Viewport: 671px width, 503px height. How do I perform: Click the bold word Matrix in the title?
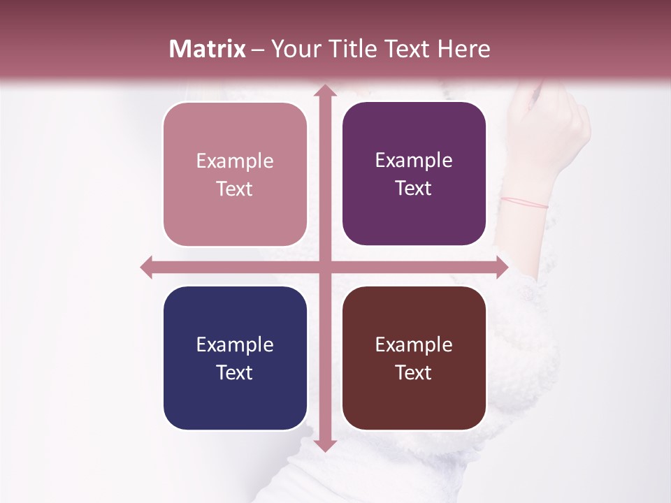(208, 49)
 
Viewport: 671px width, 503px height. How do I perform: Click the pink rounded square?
(235, 175)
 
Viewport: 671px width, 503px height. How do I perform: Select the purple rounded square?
(414, 174)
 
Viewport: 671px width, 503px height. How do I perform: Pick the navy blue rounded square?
(235, 358)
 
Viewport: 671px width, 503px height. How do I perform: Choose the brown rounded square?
(414, 358)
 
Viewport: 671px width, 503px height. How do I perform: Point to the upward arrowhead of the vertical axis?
(324, 91)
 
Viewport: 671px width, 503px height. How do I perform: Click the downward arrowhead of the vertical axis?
(324, 446)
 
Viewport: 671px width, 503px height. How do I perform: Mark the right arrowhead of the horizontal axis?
(501, 267)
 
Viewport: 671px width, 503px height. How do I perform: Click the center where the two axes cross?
(324, 267)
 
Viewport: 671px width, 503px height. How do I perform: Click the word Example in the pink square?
(235, 161)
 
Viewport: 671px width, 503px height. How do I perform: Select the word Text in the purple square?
(414, 188)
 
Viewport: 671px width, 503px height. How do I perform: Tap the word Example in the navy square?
(235, 345)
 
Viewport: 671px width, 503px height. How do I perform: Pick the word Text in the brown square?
(414, 372)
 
